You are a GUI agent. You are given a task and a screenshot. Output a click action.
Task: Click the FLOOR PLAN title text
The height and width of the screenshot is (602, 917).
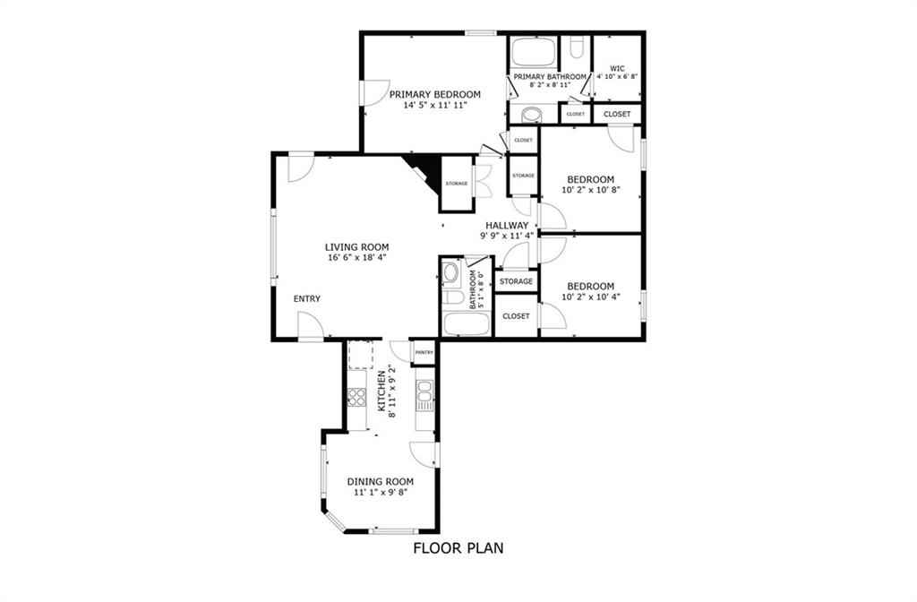458,548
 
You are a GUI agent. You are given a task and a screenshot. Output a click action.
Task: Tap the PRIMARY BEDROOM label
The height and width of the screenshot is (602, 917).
435,94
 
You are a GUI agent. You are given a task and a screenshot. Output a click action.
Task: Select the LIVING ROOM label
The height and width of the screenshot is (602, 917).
356,247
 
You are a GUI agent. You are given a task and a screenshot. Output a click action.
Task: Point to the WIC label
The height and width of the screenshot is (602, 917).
617,68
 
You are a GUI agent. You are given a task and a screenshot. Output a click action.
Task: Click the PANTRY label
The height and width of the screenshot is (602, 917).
424,352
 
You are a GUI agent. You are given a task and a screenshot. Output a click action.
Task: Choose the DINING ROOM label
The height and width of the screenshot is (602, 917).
380,481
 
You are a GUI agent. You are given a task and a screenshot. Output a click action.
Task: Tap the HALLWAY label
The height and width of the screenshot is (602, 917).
507,225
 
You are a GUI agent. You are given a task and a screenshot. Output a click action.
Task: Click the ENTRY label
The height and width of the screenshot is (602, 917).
307,299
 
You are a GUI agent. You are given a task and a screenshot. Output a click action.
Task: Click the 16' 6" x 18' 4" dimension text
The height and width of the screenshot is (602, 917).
356,257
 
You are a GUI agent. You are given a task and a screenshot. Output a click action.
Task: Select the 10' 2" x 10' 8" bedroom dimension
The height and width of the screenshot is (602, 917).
591,190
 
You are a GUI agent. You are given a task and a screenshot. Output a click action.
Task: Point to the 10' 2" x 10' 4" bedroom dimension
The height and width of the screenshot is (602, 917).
591,297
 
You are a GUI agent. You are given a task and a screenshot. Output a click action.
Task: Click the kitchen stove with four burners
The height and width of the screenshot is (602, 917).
356,397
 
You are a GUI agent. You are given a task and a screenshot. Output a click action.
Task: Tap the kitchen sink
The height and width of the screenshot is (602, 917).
424,395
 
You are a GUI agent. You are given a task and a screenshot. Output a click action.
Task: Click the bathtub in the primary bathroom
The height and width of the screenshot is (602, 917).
534,53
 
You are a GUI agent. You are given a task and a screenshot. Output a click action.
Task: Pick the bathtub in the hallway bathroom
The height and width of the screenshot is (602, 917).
466,324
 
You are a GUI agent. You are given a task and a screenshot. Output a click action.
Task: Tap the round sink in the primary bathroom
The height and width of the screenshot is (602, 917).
532,115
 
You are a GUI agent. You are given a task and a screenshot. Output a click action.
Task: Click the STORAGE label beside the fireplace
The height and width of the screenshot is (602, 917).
457,184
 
